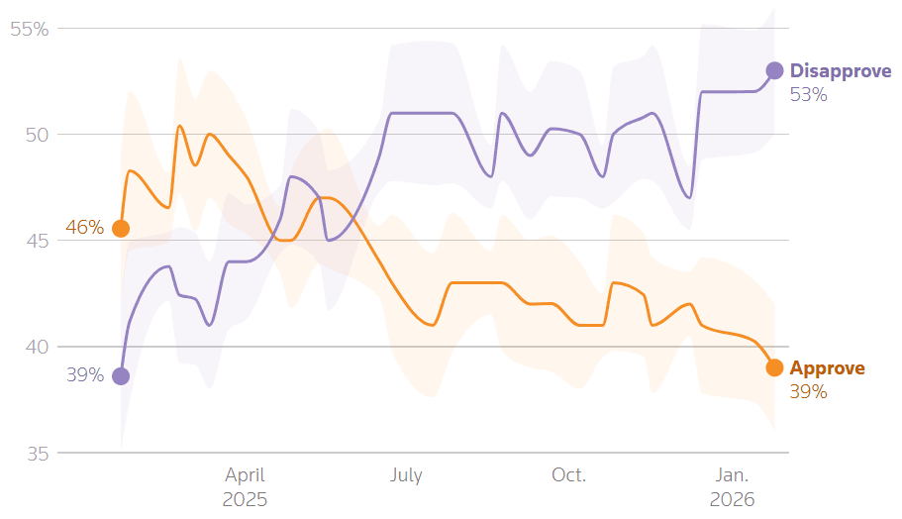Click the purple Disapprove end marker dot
(x=774, y=70)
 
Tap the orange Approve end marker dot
(x=774, y=367)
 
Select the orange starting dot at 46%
(x=121, y=229)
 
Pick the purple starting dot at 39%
(x=121, y=375)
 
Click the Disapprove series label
(x=841, y=71)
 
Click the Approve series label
(x=827, y=368)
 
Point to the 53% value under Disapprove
(x=808, y=95)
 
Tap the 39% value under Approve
(x=808, y=392)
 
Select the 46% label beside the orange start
(x=85, y=228)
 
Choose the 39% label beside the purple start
(x=85, y=374)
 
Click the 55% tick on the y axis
(x=30, y=30)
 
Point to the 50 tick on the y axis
(x=36, y=135)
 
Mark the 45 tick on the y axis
(x=36, y=241)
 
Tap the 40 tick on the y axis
(x=36, y=347)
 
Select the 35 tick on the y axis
(x=36, y=454)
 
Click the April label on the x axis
(x=245, y=475)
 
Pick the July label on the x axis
(x=406, y=475)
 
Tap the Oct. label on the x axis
(x=568, y=475)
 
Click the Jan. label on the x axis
(x=732, y=475)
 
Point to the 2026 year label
(x=732, y=499)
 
